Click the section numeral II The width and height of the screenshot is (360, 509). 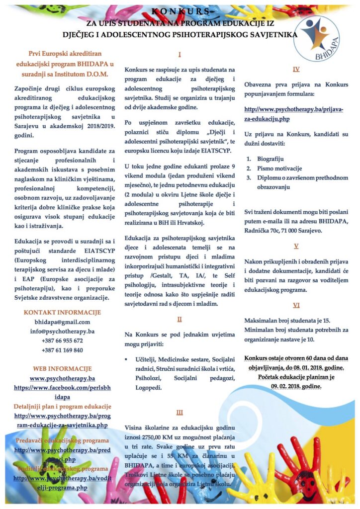(180, 319)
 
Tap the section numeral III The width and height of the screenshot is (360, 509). (180, 412)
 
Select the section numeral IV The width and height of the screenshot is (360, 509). (296, 69)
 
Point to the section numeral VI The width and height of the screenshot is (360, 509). (296, 305)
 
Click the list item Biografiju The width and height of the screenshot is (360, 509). (272, 159)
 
